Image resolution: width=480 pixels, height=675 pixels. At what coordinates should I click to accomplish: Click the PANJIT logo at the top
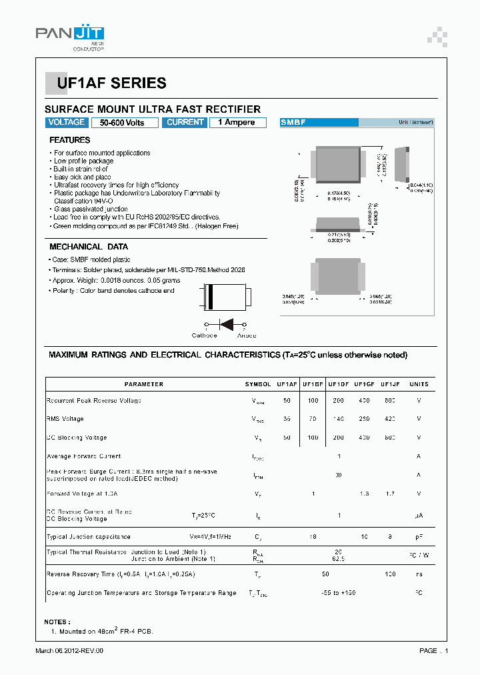(x=70, y=35)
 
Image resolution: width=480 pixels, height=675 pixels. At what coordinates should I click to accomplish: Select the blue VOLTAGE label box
(x=67, y=123)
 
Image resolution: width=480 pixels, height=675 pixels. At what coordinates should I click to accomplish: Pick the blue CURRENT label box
(x=184, y=123)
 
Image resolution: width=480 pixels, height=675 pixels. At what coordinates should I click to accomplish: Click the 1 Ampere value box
(x=237, y=123)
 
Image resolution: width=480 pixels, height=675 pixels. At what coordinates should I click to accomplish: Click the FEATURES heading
(x=70, y=140)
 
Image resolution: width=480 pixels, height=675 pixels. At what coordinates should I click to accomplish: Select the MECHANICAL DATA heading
(x=89, y=247)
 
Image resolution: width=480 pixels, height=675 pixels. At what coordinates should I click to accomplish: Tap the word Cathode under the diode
(x=204, y=335)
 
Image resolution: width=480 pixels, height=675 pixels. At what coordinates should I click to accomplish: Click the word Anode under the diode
(x=246, y=335)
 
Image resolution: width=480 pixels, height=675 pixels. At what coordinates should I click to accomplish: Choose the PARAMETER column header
(x=143, y=384)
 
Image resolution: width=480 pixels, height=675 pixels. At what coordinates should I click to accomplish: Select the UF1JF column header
(x=389, y=384)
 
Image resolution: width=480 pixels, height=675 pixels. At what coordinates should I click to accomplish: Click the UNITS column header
(x=419, y=384)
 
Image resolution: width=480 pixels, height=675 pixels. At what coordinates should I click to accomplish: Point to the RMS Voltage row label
(x=65, y=419)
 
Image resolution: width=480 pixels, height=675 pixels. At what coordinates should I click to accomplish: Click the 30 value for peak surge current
(x=339, y=475)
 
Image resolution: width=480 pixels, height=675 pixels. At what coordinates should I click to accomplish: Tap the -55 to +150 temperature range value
(x=339, y=593)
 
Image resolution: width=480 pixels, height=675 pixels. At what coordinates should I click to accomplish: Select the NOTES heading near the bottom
(x=56, y=622)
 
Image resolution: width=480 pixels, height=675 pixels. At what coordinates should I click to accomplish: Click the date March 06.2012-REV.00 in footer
(x=69, y=650)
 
